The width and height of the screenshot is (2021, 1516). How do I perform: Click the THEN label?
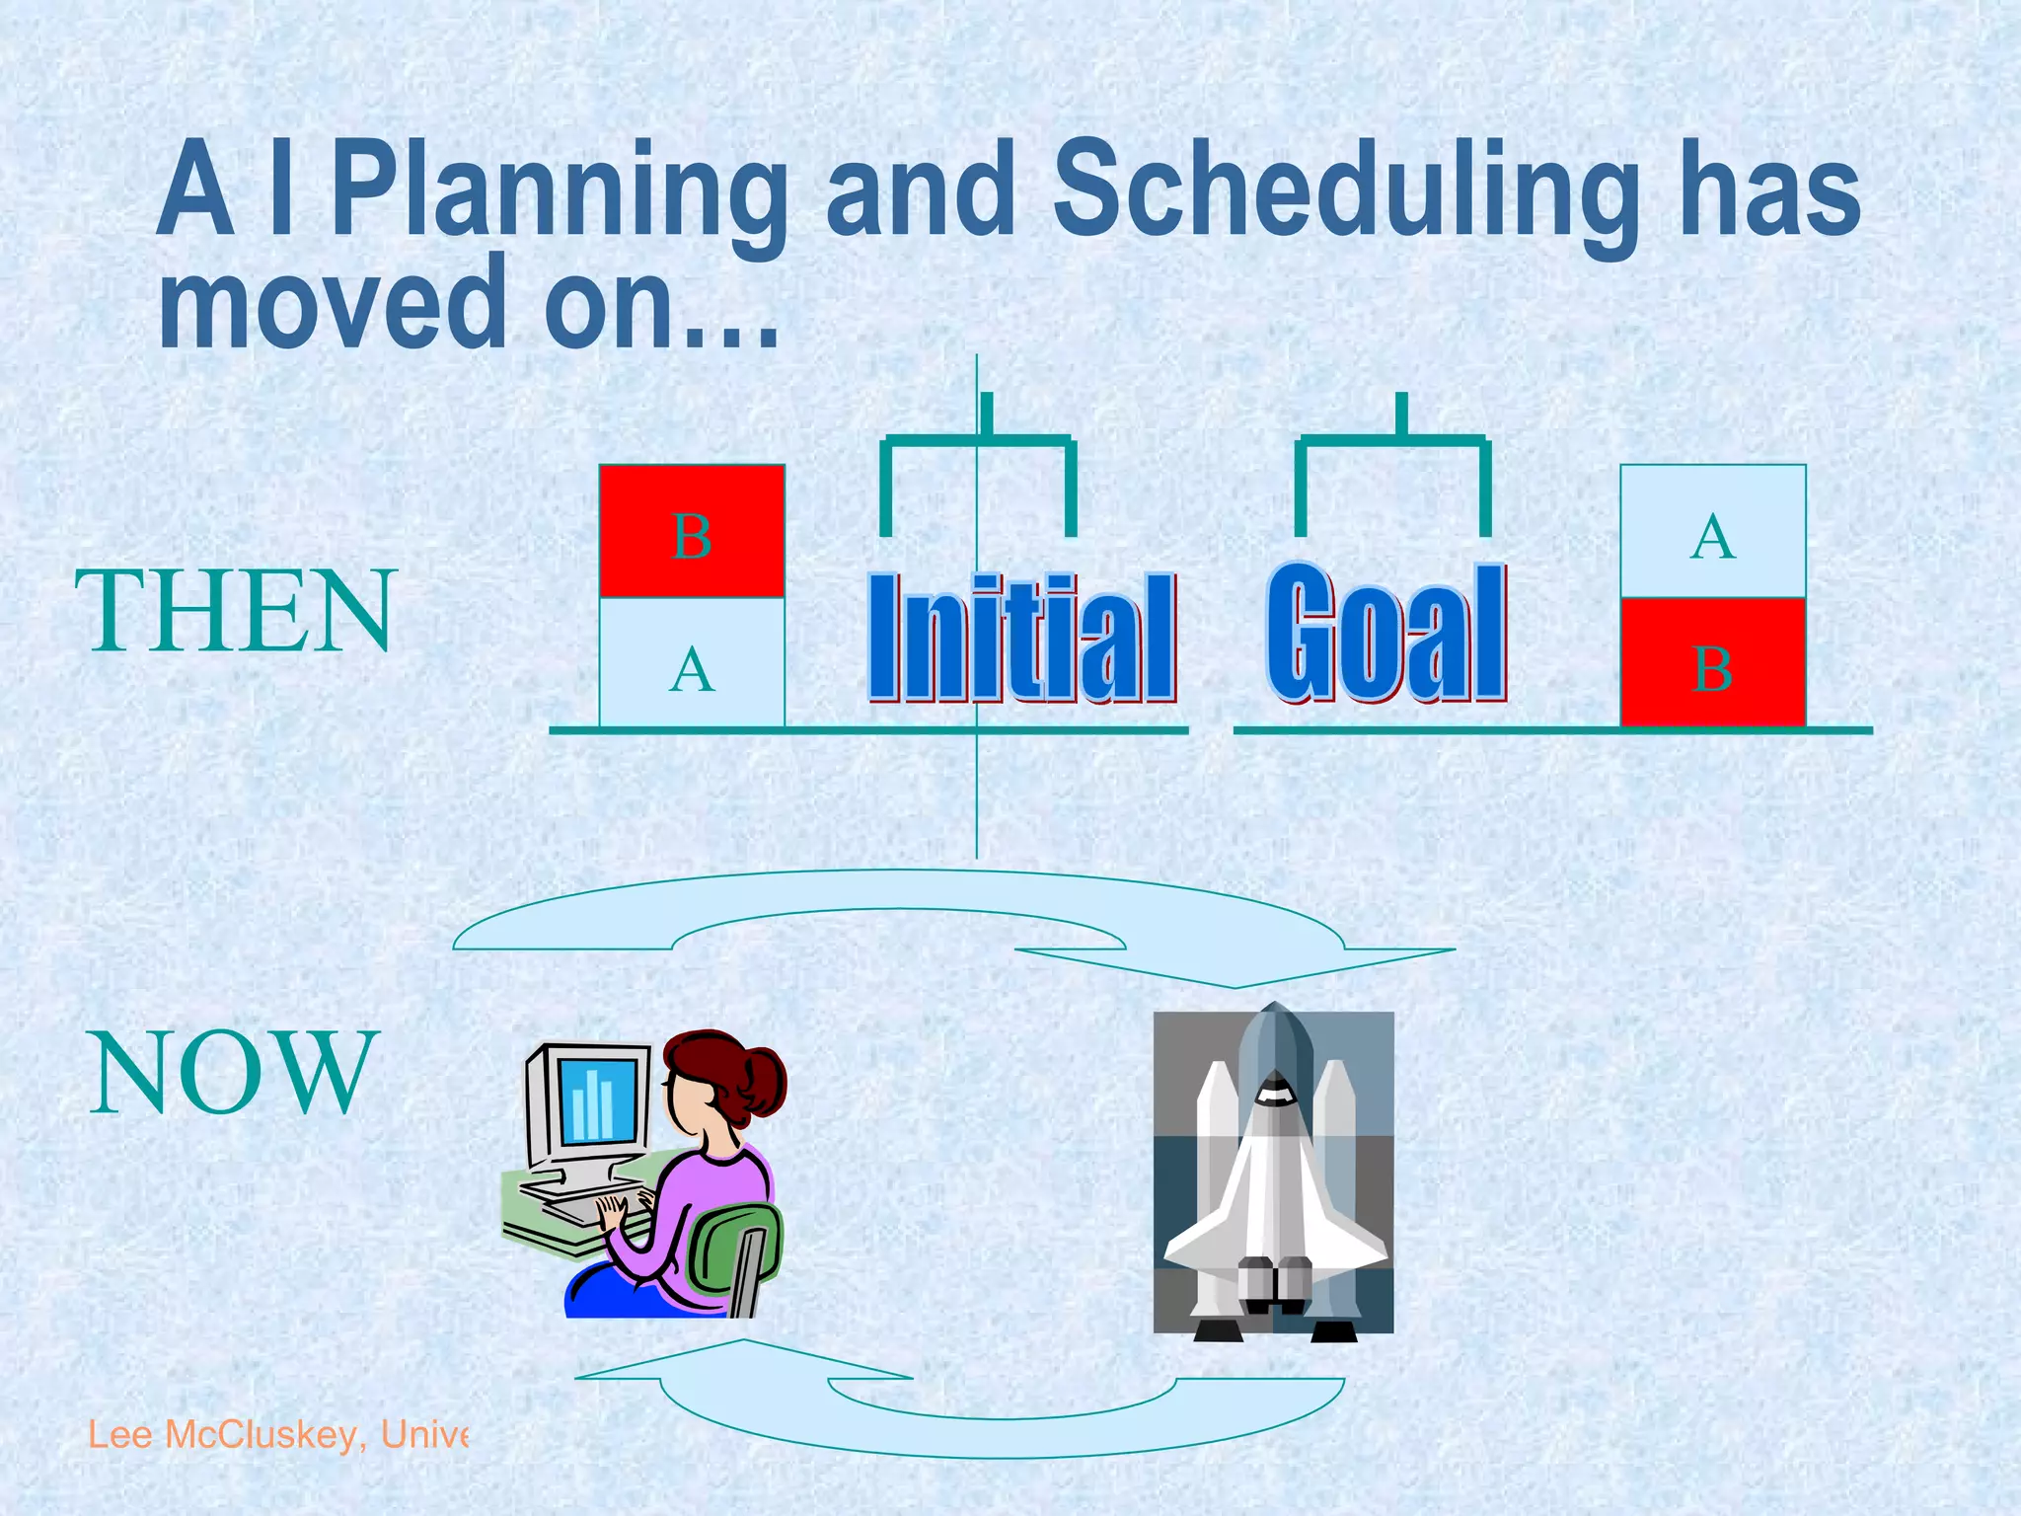pyautogui.click(x=236, y=612)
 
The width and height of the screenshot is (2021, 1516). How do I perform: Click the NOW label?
pyautogui.click(x=234, y=1073)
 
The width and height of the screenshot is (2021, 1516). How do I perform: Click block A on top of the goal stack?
pyautogui.click(x=1713, y=533)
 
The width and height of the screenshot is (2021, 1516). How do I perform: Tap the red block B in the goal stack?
pyautogui.click(x=1713, y=663)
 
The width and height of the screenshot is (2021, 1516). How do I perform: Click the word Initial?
pyautogui.click(x=1021, y=637)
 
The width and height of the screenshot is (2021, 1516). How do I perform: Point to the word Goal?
pyautogui.click(x=1386, y=632)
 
